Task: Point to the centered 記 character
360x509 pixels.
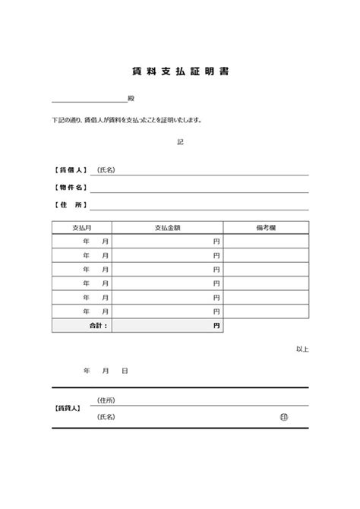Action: coord(180,142)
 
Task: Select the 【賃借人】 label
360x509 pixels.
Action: coord(69,170)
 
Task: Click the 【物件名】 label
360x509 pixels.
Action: coord(69,188)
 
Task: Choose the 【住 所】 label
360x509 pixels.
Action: coord(69,205)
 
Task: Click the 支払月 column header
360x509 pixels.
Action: coord(82,227)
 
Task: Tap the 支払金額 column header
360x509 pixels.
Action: coord(167,227)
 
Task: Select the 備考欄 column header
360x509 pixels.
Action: coord(266,227)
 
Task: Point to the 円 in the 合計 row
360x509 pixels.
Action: coord(216,325)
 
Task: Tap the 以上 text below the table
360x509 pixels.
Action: coord(302,349)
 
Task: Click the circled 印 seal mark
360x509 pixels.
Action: coord(283,417)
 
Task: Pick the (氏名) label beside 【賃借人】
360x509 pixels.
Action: coord(106,170)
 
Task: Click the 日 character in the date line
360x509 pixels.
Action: coord(125,371)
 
